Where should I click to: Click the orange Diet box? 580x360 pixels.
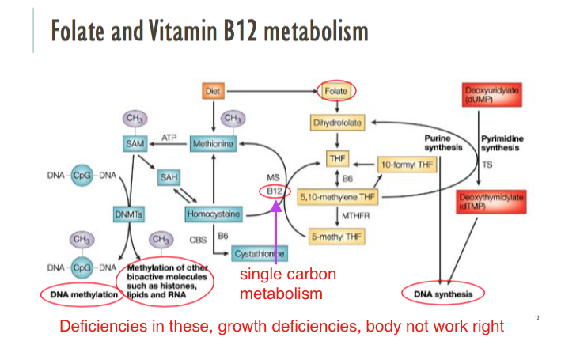[x=211, y=92]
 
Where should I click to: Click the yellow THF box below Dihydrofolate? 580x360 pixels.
[x=337, y=161]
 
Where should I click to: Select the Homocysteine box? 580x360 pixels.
[x=214, y=214]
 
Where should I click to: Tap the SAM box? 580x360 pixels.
[x=133, y=143]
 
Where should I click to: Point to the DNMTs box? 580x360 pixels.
[x=128, y=214]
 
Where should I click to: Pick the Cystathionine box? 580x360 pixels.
[x=260, y=254]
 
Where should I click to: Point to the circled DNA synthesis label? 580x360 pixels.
[x=443, y=294]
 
